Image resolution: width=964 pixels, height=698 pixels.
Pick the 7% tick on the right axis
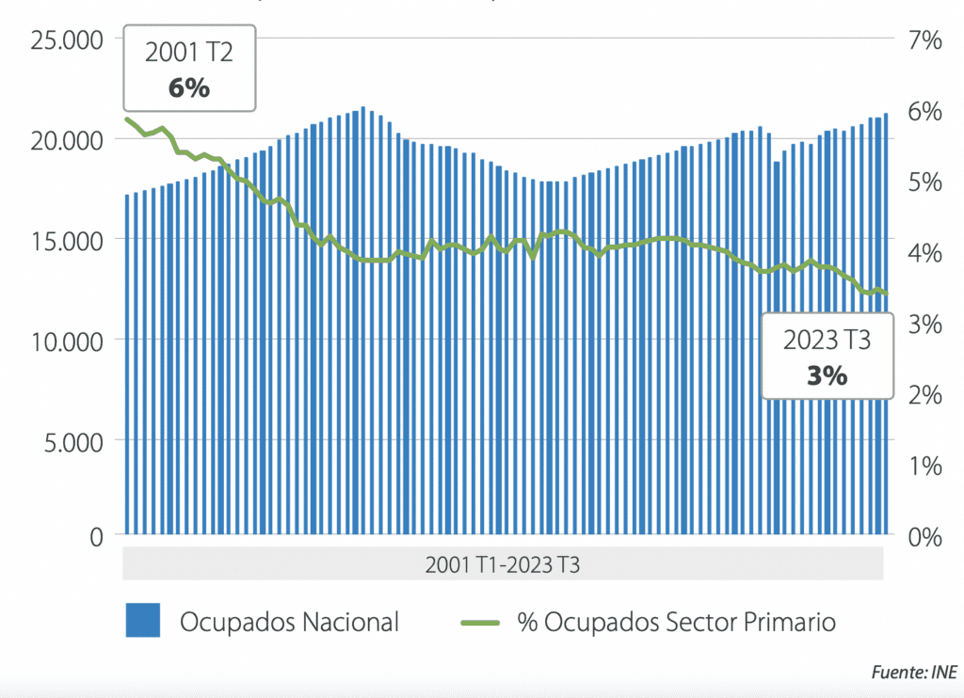tap(924, 41)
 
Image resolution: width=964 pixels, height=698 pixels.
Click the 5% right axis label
tap(924, 182)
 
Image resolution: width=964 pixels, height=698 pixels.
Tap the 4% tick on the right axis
tap(924, 253)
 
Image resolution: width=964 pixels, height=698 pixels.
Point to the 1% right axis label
tap(924, 466)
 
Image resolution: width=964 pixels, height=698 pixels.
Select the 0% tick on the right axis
tap(924, 537)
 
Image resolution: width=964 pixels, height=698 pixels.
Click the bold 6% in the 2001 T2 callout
tap(188, 89)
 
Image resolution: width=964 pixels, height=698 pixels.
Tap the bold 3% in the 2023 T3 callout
tap(827, 375)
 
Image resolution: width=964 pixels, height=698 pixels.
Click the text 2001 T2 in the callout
tap(188, 54)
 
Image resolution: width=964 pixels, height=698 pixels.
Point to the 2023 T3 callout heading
tap(827, 341)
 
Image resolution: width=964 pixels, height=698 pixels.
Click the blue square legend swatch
tap(143, 621)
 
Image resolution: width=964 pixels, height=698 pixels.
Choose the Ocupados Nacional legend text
tap(290, 622)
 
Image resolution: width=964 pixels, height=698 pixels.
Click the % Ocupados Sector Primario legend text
tap(676, 622)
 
